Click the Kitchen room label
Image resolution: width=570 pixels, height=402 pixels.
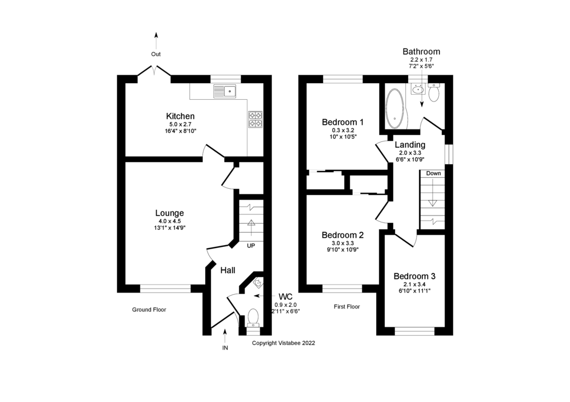180,116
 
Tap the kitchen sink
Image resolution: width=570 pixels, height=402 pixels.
225,91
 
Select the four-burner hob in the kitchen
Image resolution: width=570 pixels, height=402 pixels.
255,119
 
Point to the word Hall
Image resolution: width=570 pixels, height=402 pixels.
228,270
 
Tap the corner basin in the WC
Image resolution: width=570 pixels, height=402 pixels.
256,282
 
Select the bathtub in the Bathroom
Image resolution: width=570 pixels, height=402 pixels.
394,108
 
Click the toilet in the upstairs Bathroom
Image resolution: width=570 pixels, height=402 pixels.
434,92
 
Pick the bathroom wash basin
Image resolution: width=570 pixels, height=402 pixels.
418,88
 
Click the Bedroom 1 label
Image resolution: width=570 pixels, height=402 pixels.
343,122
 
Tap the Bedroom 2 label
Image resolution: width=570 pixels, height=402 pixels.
342,235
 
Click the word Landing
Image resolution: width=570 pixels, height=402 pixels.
410,145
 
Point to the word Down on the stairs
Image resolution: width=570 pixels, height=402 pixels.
433,173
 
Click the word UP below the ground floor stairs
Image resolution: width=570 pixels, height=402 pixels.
250,246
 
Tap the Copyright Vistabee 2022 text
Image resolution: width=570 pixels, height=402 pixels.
283,343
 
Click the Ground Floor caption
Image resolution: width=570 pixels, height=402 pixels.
149,310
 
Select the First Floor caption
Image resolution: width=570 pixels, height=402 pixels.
347,307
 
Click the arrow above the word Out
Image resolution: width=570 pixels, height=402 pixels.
156,40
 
